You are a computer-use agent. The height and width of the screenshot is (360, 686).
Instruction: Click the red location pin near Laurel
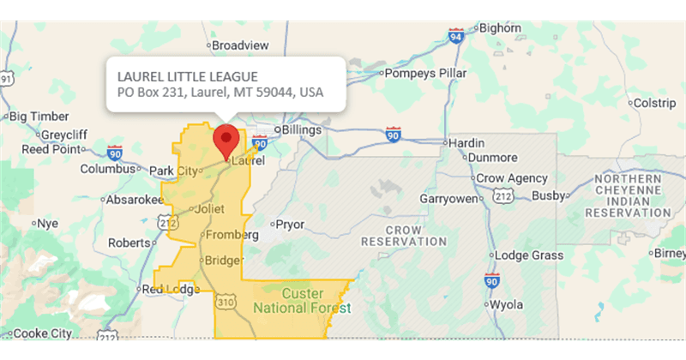coord(226,139)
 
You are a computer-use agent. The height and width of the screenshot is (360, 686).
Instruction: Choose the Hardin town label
coord(467,142)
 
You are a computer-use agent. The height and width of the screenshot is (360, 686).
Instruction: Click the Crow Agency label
coord(512,178)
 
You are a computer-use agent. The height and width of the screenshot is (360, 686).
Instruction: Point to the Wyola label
coord(506,304)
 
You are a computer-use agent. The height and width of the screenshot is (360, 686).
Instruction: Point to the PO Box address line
coord(220,93)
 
